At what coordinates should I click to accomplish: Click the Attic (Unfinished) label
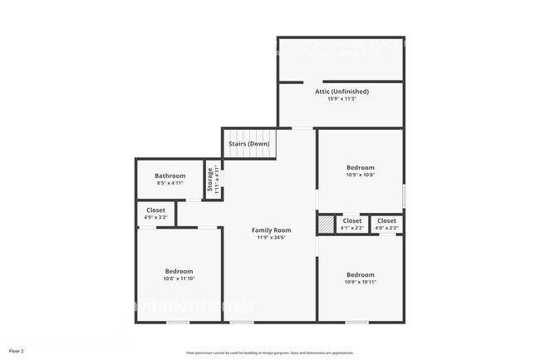(x=341, y=91)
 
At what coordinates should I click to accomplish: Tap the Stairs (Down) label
(x=248, y=144)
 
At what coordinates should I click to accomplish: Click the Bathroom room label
(x=169, y=175)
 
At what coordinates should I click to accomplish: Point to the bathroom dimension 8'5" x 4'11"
(x=169, y=183)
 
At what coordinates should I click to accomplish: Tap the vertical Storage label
(x=210, y=180)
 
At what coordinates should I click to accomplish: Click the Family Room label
(x=271, y=229)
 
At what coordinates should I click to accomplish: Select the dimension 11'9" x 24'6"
(x=271, y=238)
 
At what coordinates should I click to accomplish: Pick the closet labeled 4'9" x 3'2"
(x=155, y=214)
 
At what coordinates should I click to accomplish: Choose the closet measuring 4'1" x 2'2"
(x=352, y=224)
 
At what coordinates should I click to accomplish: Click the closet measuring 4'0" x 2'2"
(x=386, y=224)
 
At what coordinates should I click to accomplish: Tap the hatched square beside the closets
(x=324, y=224)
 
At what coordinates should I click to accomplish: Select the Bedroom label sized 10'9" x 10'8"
(x=360, y=167)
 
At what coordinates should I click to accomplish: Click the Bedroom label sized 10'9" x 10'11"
(x=360, y=274)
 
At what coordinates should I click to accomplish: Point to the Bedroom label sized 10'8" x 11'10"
(x=179, y=271)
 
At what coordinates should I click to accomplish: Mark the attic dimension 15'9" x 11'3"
(x=341, y=99)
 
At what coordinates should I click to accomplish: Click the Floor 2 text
(x=17, y=351)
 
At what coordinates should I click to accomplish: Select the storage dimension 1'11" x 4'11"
(x=217, y=180)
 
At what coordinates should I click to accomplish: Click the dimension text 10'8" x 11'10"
(x=179, y=279)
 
